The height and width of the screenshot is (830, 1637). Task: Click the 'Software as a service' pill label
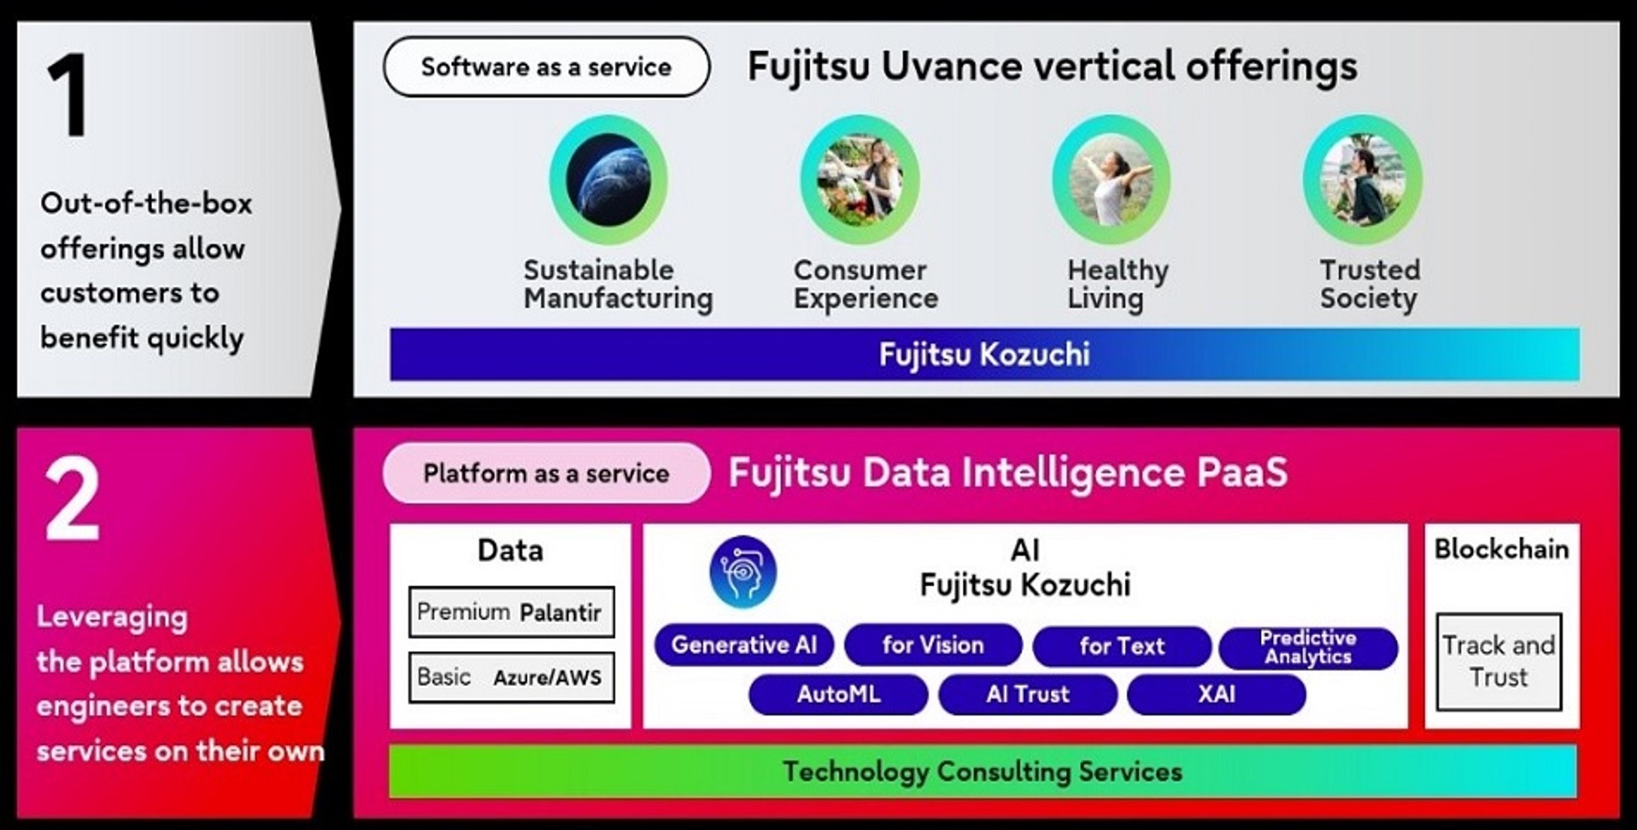[546, 67]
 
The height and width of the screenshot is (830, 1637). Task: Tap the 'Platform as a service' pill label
[546, 473]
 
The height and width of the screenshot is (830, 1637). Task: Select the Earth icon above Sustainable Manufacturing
[608, 180]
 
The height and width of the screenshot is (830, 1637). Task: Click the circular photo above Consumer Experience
[860, 180]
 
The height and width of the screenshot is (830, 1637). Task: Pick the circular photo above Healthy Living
[1111, 180]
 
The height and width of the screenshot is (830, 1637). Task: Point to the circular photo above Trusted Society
[1362, 180]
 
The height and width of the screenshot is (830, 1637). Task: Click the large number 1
[68, 96]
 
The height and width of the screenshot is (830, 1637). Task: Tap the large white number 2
[72, 500]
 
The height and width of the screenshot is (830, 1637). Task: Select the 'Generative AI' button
[744, 645]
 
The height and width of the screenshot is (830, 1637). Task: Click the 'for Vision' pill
[933, 645]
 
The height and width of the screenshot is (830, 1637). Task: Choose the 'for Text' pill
[1122, 646]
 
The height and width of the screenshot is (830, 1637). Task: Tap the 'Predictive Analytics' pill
[1308, 647]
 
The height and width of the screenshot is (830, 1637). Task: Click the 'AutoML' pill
[838, 694]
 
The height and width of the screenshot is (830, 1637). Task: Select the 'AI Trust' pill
[1028, 694]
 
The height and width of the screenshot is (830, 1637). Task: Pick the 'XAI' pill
[1216, 694]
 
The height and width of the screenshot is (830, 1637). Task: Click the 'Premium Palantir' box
[511, 612]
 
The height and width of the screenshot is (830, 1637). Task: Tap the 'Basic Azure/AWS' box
[511, 677]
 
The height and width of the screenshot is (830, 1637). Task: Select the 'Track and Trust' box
[1499, 661]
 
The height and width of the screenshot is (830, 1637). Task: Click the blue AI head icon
[743, 572]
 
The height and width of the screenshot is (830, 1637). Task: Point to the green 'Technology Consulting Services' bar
[983, 771]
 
